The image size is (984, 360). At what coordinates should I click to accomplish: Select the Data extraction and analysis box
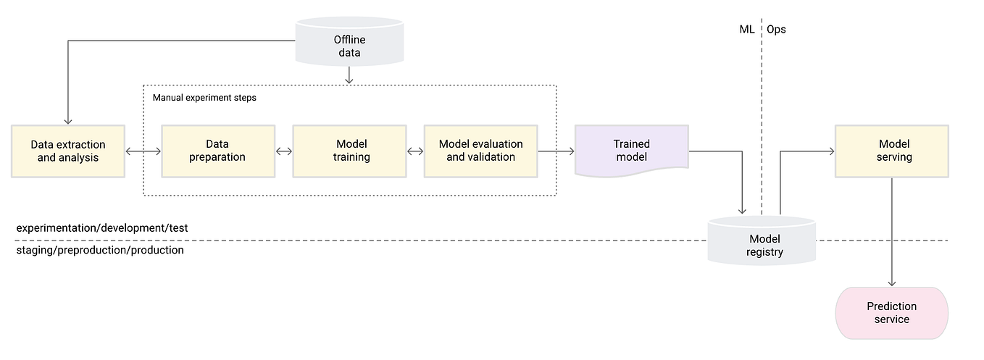coord(68,151)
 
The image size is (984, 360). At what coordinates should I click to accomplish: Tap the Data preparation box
coord(217,151)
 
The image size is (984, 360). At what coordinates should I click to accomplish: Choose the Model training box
coord(351,151)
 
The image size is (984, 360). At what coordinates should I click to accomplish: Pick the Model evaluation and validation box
coord(480,151)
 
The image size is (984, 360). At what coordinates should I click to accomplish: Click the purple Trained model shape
coord(631,151)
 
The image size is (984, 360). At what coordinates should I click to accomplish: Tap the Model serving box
coord(891,151)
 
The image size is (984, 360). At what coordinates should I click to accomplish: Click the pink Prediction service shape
coord(891,313)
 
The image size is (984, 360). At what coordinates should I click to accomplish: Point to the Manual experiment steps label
coord(204,97)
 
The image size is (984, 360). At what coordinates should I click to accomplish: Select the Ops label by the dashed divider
coord(776,30)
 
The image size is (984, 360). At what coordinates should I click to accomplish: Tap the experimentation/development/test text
coord(102,227)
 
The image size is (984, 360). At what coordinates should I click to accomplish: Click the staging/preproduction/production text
coord(100,251)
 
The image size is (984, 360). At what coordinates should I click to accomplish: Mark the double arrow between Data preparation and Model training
coord(284,151)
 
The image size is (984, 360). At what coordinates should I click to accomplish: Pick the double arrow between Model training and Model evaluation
coord(415,151)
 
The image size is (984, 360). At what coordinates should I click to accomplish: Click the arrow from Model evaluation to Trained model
coord(556,151)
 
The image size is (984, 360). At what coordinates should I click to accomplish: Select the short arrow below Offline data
coord(349,75)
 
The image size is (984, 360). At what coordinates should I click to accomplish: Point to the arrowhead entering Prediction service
coord(891,283)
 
